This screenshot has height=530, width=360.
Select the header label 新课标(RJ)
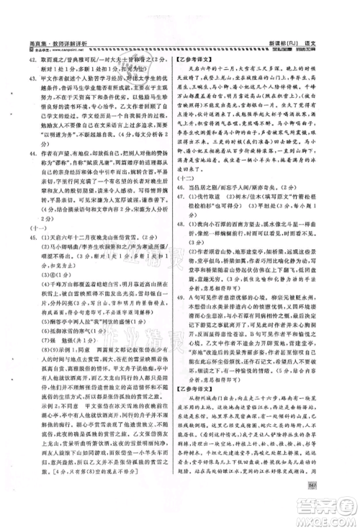coord(294,43)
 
